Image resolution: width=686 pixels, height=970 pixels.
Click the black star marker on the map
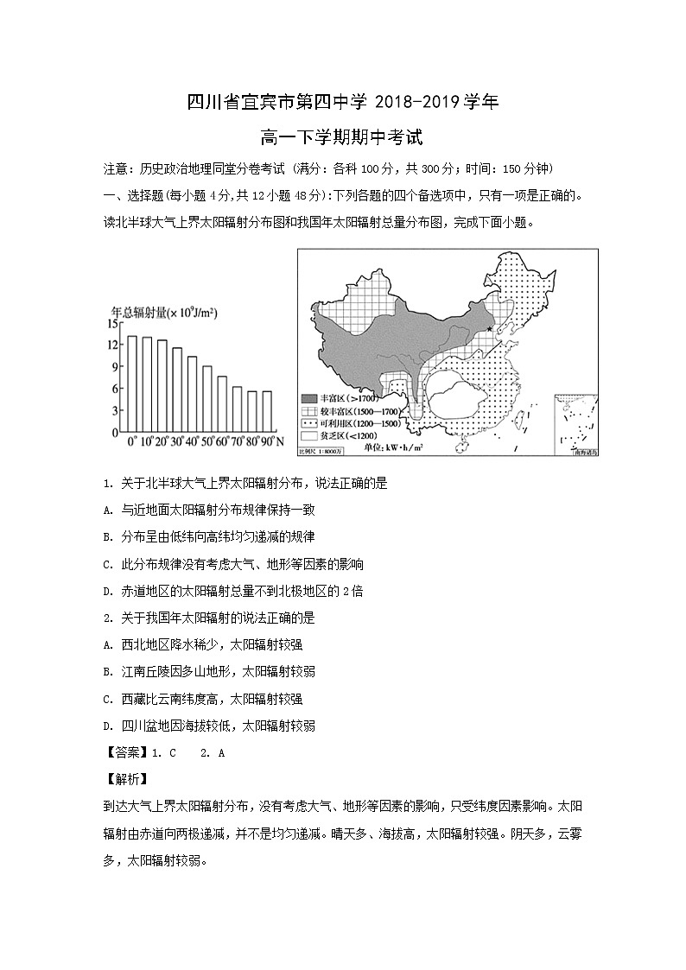coord(490,329)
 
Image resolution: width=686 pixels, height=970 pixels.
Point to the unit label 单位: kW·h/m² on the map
coord(423,447)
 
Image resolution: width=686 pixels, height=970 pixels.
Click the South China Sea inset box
coord(575,421)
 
